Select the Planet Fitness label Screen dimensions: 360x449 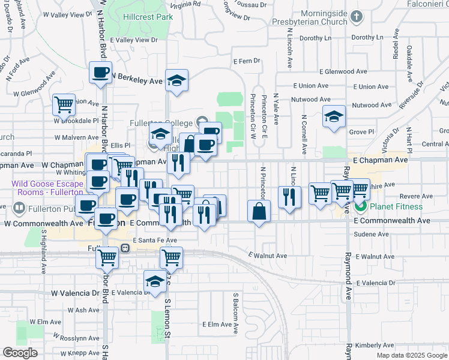(396, 207)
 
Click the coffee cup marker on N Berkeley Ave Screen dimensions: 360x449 (100, 73)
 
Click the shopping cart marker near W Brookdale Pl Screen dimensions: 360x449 (63, 105)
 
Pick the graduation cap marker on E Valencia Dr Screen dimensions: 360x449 (155, 282)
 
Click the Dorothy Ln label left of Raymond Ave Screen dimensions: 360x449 (316, 37)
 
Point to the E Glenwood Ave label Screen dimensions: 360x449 (346, 71)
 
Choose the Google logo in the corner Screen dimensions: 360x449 (20, 353)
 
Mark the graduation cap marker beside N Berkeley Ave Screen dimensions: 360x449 (177, 80)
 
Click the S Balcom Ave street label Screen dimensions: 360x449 (236, 307)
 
